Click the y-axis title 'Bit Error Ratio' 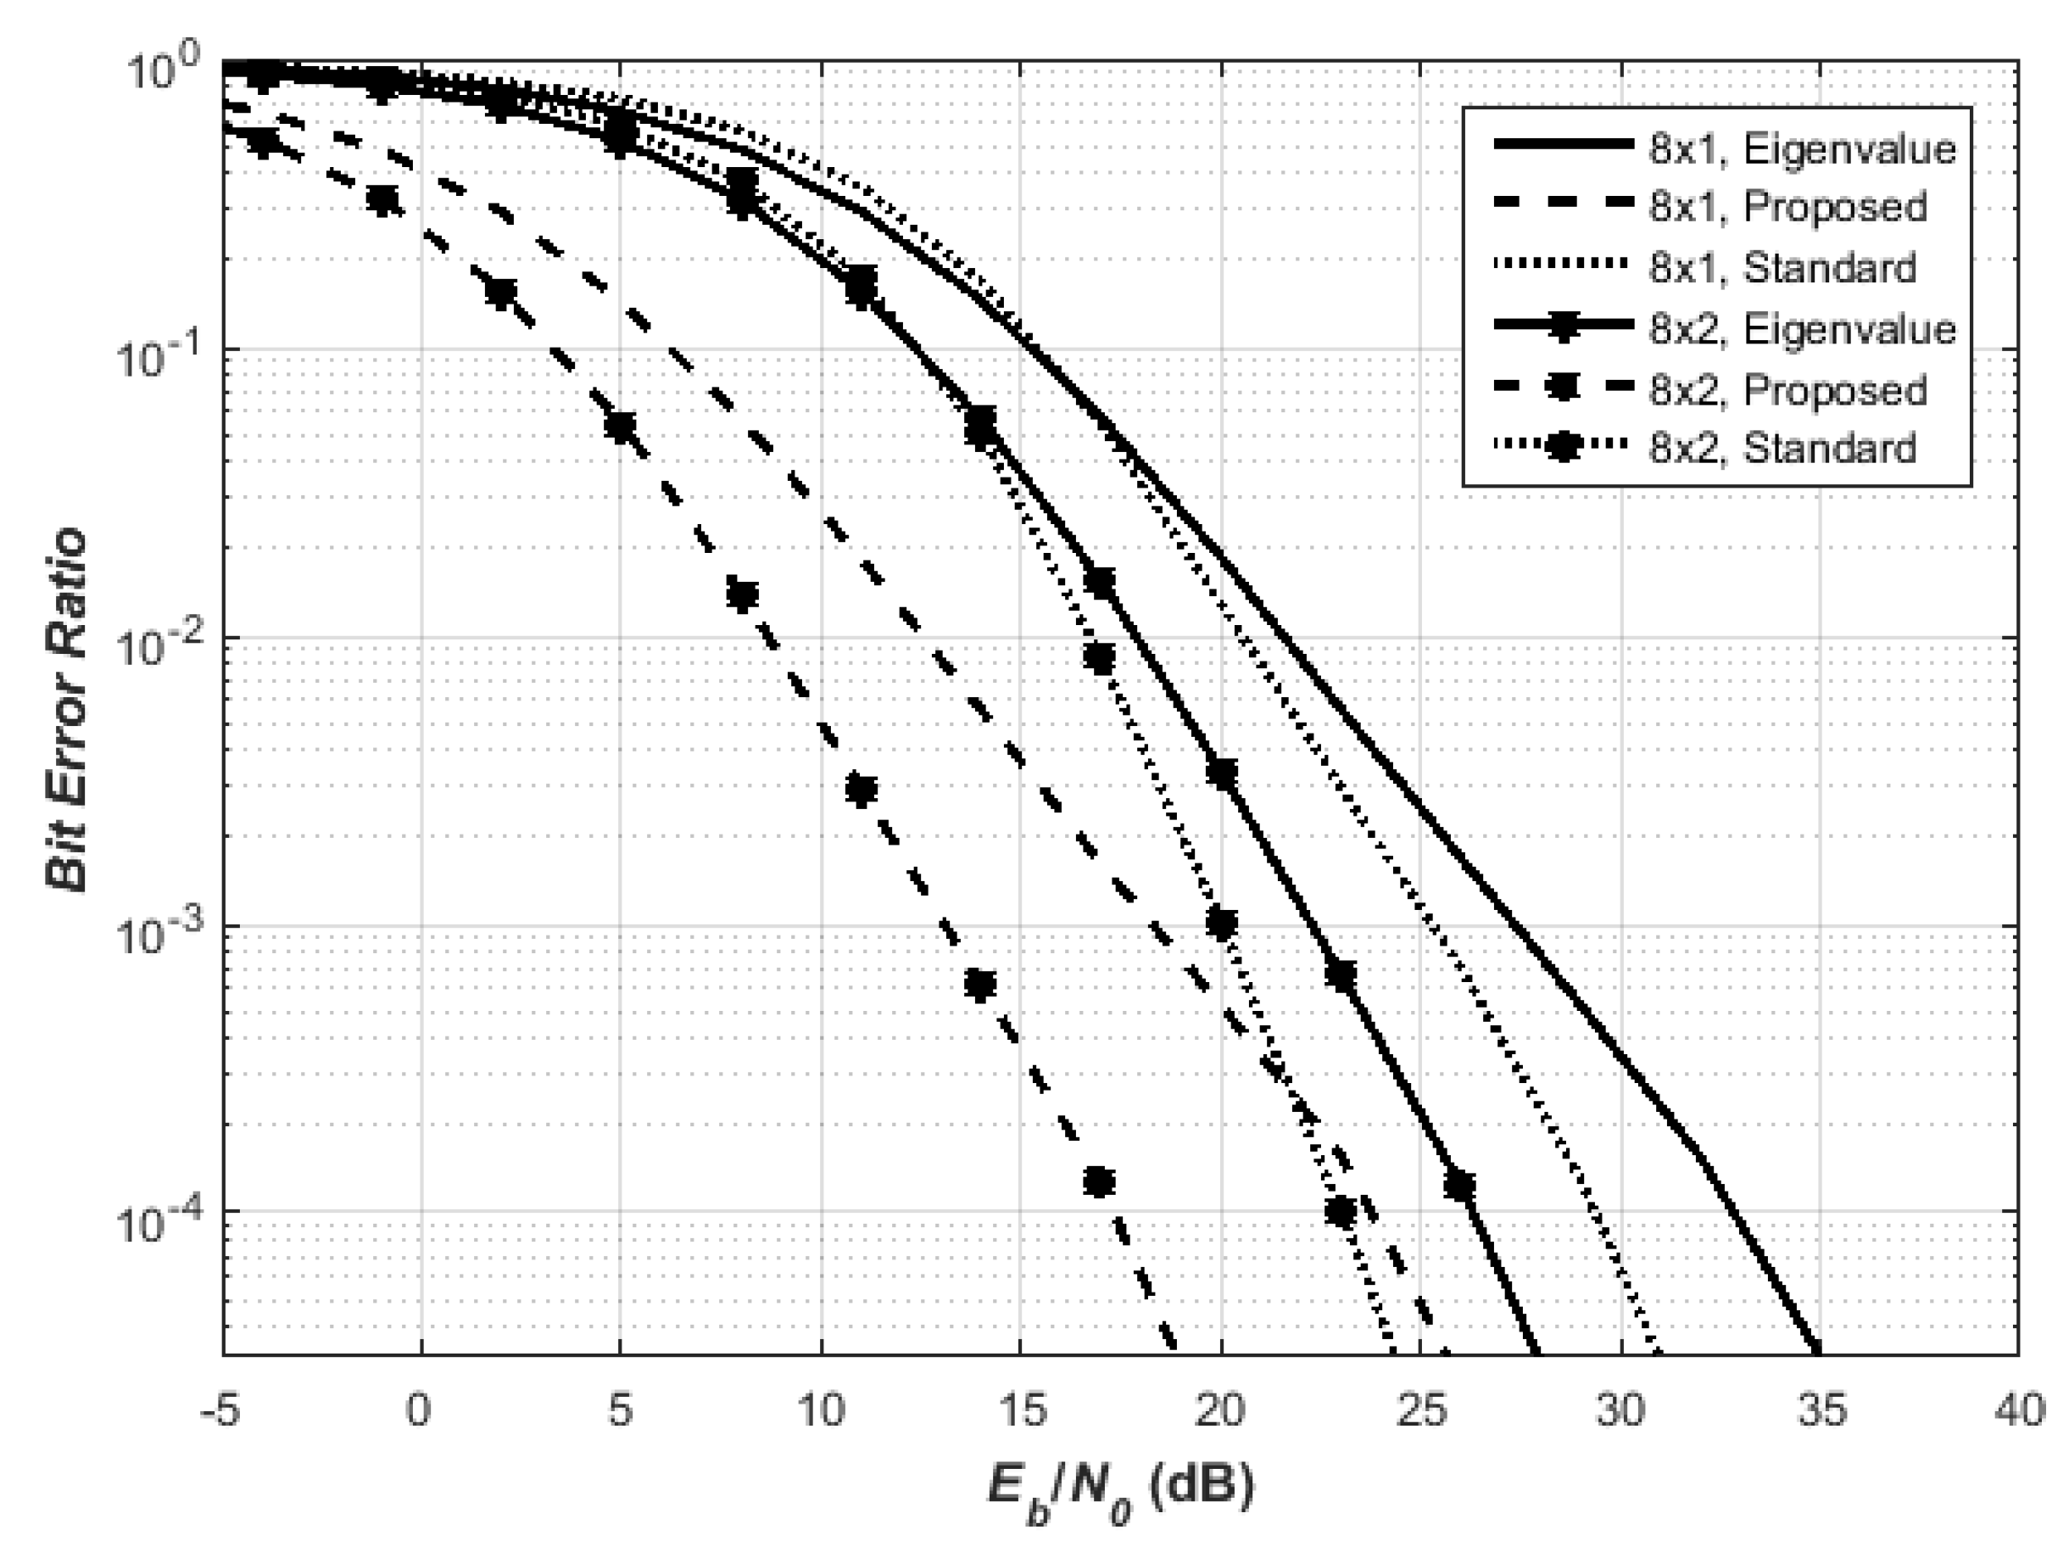[67, 711]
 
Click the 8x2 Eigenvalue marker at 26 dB [1459, 1186]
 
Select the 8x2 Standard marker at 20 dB [1221, 924]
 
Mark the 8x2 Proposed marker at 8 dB [742, 595]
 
